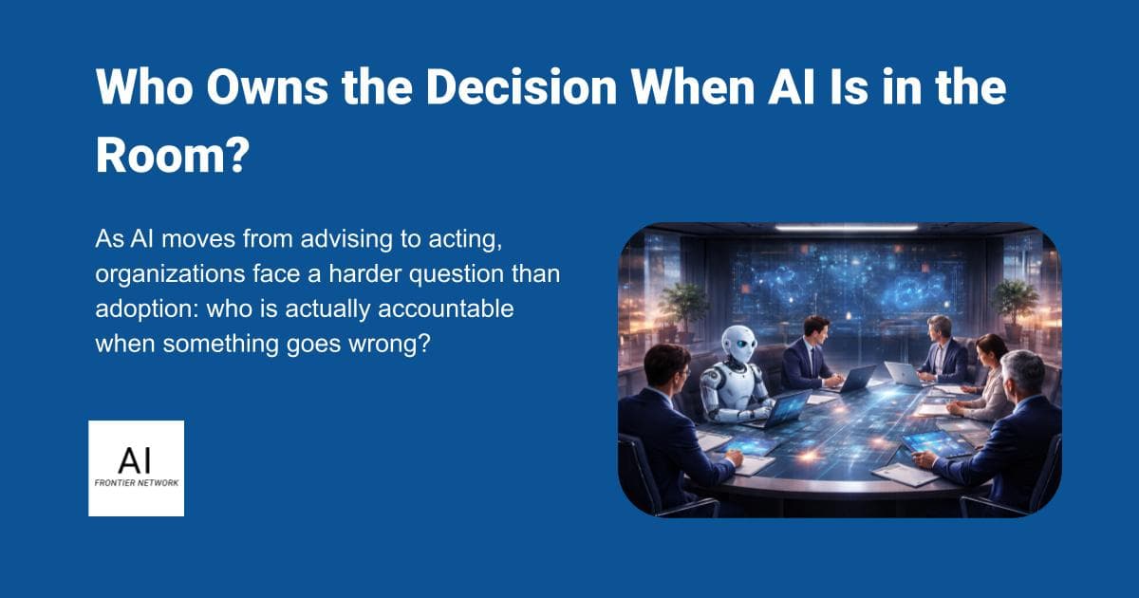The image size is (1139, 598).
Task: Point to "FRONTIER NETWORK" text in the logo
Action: [136, 484]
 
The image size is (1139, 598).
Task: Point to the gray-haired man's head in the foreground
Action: [1023, 372]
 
